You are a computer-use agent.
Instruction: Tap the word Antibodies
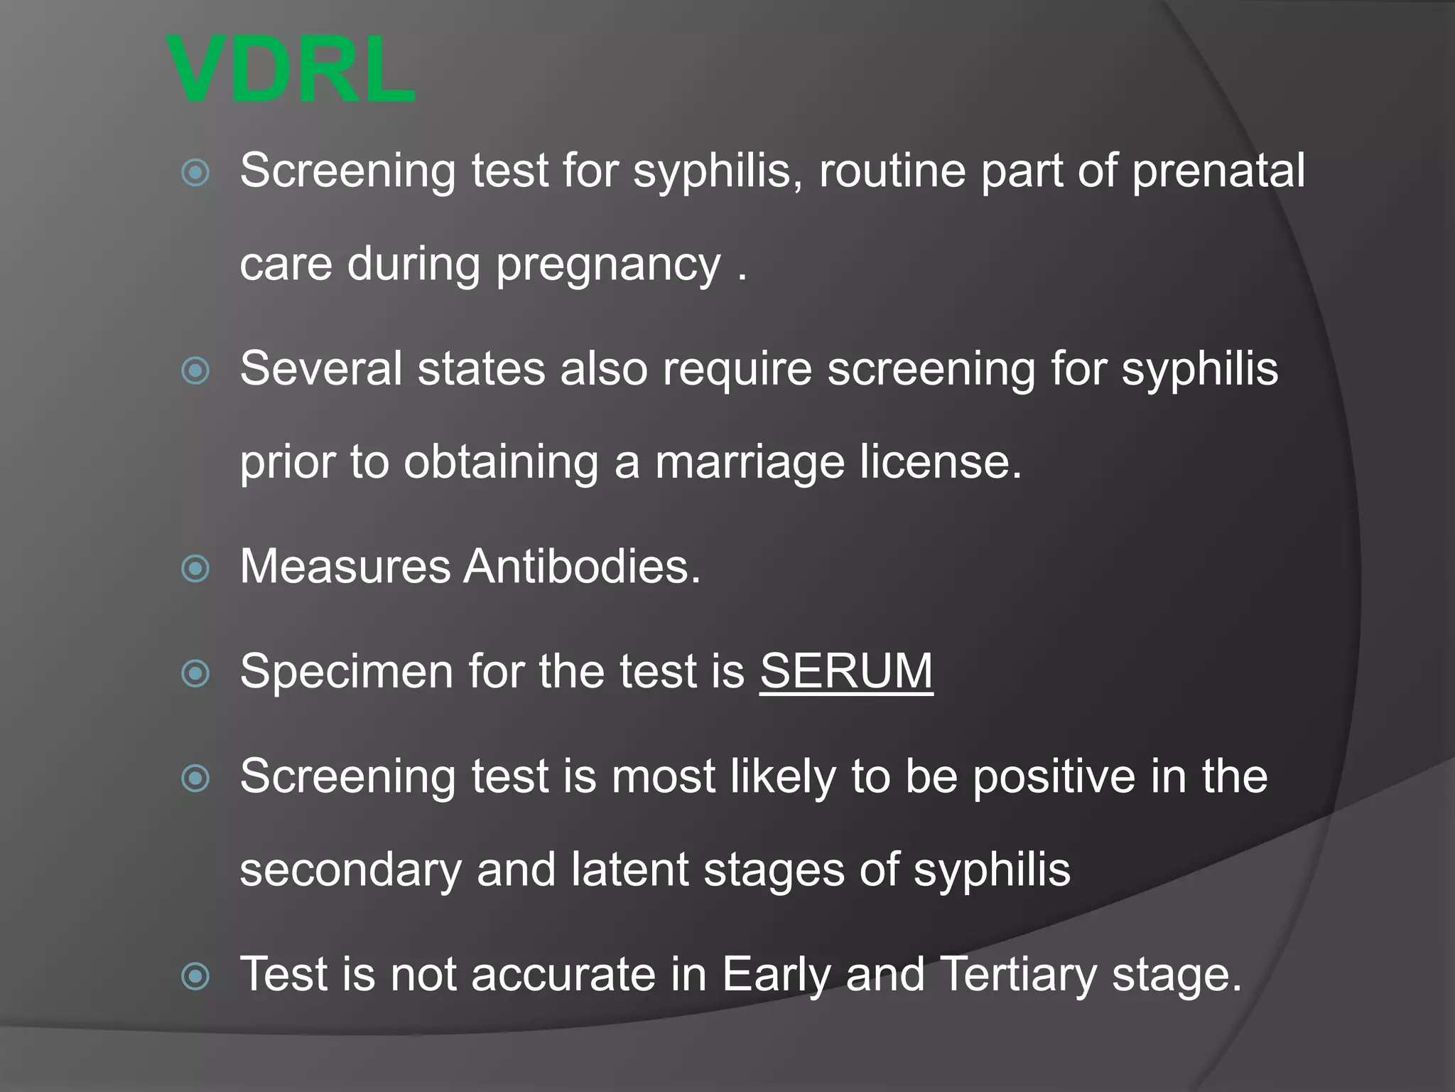[x=582, y=567]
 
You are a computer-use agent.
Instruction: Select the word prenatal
[x=1218, y=171]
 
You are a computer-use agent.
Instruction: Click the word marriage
[x=750, y=462]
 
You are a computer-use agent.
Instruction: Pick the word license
[x=941, y=462]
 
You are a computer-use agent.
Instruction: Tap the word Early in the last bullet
[x=776, y=975]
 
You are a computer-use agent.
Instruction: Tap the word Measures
[x=345, y=567]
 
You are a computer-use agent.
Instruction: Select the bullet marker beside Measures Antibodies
[x=195, y=569]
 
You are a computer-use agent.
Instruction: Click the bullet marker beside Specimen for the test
[x=195, y=673]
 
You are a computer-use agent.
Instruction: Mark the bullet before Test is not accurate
[x=195, y=976]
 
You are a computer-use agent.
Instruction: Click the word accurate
[x=563, y=975]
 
